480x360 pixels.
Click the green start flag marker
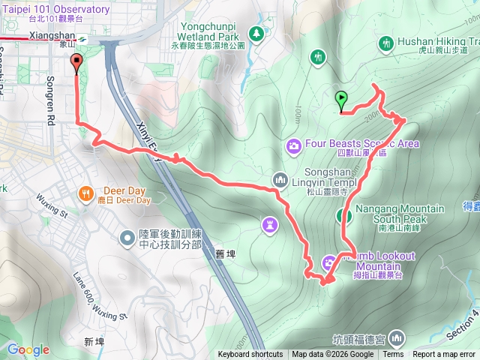pyautogui.click(x=342, y=98)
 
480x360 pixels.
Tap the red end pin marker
pyautogui.click(x=76, y=63)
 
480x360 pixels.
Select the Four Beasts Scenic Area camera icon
pyautogui.click(x=295, y=144)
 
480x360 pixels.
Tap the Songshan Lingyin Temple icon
pyautogui.click(x=280, y=180)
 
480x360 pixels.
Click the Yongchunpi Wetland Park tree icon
pyautogui.click(x=256, y=34)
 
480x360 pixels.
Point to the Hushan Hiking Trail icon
pyautogui.click(x=386, y=43)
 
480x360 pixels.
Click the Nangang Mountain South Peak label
pyautogui.click(x=399, y=213)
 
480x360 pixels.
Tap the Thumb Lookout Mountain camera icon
pyautogui.click(x=329, y=262)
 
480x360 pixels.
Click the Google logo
pyautogui.click(x=28, y=349)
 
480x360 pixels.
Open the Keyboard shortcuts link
pyautogui.click(x=250, y=355)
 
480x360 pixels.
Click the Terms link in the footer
pyautogui.click(x=393, y=355)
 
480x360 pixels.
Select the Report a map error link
pyautogui.click(x=444, y=355)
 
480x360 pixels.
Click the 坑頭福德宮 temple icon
pyautogui.click(x=396, y=337)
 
